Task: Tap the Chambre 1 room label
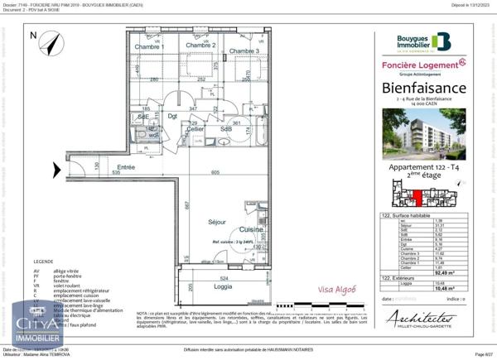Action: [151, 46]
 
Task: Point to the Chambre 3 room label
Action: [245, 51]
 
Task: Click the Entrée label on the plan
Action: [125, 167]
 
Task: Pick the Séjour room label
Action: [217, 222]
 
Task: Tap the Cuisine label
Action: [251, 229]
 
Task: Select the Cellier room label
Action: [195, 130]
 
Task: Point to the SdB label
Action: [225, 130]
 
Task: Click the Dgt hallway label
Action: [173, 117]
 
